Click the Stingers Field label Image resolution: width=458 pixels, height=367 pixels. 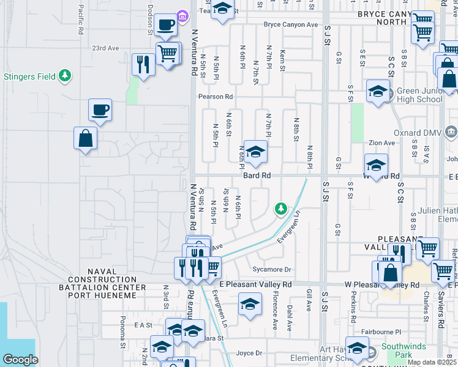(29, 77)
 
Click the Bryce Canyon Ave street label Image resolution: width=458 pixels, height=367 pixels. (291, 24)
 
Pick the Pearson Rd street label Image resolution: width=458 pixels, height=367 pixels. (215, 97)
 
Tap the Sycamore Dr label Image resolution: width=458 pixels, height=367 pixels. (271, 269)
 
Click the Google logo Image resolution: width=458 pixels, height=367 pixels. (20, 360)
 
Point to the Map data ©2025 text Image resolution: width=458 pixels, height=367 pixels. (432, 362)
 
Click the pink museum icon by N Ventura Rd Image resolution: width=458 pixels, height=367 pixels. (182, 15)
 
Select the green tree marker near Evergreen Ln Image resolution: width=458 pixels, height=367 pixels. (280, 209)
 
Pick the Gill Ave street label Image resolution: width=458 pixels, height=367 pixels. (310, 300)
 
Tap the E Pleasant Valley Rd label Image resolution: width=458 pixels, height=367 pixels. (255, 284)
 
